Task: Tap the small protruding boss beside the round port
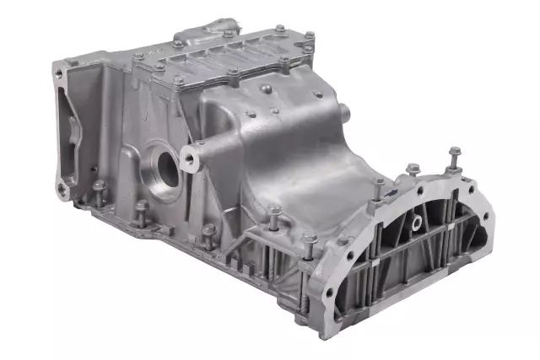197,153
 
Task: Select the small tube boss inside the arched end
415,223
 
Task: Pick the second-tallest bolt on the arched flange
413,173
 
